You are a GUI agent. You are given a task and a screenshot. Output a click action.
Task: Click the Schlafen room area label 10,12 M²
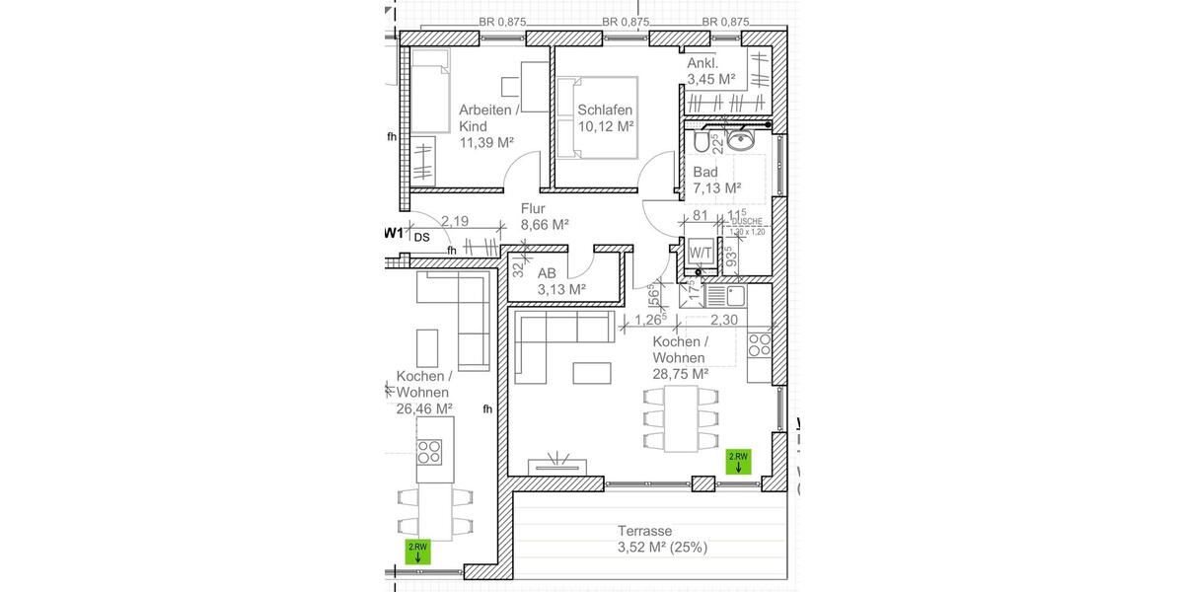click(605, 126)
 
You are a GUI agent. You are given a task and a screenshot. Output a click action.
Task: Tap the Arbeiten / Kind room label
click(485, 117)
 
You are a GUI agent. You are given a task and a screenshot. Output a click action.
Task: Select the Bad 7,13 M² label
click(716, 179)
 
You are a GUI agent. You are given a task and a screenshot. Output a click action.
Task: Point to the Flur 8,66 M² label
click(545, 216)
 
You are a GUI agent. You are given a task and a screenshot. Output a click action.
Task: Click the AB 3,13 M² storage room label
click(561, 281)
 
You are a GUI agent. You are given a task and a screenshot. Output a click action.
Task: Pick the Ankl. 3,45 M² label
click(711, 70)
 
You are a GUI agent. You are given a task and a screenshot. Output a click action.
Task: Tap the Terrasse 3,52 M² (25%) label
click(662, 539)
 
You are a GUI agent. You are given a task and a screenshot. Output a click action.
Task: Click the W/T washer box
click(700, 252)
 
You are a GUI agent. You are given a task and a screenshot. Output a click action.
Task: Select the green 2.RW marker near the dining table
click(738, 462)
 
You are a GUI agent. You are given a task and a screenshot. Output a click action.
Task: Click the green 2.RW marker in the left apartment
click(418, 552)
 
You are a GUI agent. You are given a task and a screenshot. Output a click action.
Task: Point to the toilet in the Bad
click(702, 144)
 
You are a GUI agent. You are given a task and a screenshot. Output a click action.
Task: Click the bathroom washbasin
click(740, 141)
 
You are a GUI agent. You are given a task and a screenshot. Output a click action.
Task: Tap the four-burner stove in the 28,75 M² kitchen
click(760, 344)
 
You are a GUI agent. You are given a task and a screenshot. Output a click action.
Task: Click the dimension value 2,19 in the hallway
click(455, 223)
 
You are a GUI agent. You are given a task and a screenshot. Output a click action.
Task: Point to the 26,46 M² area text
click(424, 407)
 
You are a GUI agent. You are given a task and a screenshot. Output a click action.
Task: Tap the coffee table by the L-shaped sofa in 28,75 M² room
click(593, 373)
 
